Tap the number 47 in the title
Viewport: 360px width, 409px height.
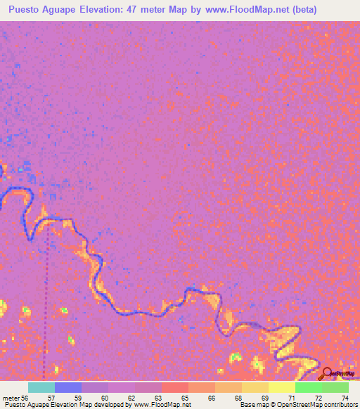click(x=154, y=10)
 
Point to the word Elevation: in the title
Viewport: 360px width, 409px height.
click(x=117, y=10)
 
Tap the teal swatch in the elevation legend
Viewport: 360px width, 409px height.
click(x=41, y=387)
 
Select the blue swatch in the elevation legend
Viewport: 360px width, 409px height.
click(x=67, y=387)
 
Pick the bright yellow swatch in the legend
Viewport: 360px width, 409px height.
click(x=281, y=387)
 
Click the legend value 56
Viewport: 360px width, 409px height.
click(x=25, y=397)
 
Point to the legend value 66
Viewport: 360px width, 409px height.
click(x=211, y=397)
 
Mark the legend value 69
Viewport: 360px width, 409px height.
click(x=265, y=397)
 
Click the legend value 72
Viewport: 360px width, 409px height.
click(x=319, y=397)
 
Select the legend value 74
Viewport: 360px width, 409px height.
click(x=345, y=397)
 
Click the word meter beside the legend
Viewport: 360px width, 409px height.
click(x=11, y=397)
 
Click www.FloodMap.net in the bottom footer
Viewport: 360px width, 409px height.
click(x=162, y=405)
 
